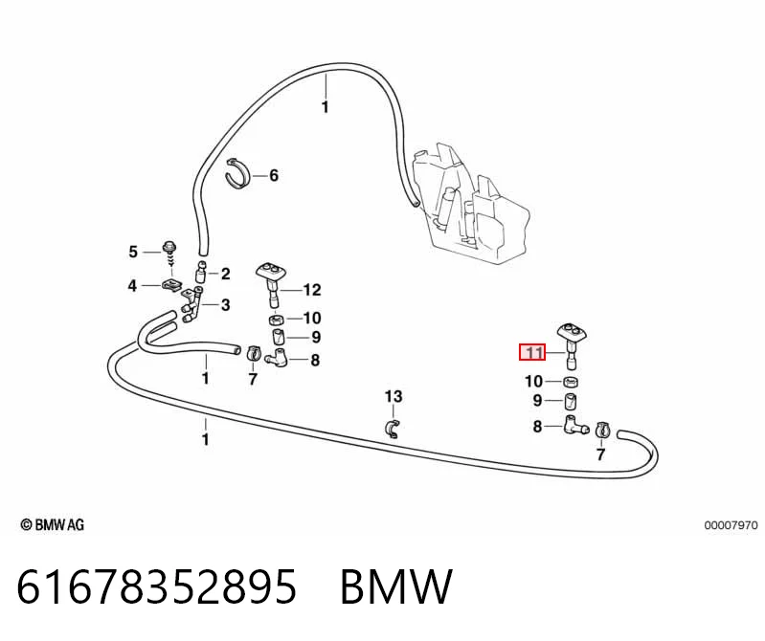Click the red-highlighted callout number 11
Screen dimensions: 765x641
(x=532, y=352)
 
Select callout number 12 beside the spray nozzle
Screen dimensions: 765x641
(x=312, y=290)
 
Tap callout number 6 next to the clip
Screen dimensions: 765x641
(x=274, y=175)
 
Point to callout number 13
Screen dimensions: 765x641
(x=394, y=396)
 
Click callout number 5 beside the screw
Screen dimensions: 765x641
(x=133, y=252)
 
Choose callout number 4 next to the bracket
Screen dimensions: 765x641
(x=132, y=286)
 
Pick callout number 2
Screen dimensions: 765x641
(x=225, y=274)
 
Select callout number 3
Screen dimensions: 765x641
(x=225, y=305)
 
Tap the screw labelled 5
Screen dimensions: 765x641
(x=169, y=254)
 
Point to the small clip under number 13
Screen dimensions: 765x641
(x=393, y=428)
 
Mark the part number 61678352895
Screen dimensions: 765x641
(x=157, y=586)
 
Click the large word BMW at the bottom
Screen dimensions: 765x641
(x=396, y=586)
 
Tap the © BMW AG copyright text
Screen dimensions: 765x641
(x=53, y=525)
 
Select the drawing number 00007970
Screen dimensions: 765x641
(x=731, y=525)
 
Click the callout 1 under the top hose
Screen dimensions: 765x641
(x=326, y=107)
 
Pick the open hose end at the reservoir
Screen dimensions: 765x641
(x=416, y=202)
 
